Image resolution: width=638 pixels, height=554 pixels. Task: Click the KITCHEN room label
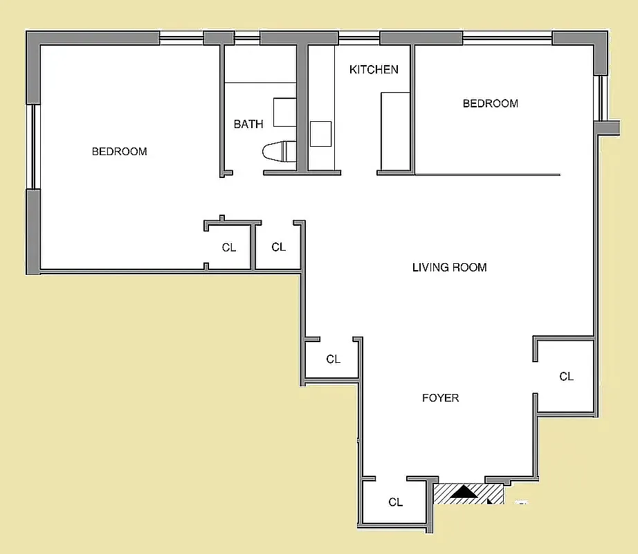[x=374, y=69]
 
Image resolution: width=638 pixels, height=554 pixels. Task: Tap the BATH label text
[x=248, y=124]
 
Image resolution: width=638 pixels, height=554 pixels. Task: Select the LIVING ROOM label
[x=449, y=267]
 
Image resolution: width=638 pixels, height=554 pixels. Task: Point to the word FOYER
[x=440, y=397]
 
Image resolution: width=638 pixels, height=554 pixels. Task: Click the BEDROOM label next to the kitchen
[x=490, y=103]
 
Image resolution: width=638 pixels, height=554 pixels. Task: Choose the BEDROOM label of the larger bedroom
[x=120, y=151]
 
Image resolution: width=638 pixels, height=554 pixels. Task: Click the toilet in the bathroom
[x=280, y=152]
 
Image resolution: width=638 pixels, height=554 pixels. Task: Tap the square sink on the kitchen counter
[x=320, y=134]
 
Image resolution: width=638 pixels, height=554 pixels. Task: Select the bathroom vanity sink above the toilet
[x=284, y=112]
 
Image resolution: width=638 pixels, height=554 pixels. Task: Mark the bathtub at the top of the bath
[x=260, y=64]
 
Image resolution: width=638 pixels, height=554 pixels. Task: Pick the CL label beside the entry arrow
[x=395, y=502]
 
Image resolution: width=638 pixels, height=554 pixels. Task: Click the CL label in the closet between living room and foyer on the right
[x=566, y=376]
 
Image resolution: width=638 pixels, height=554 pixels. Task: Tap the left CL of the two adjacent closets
[x=229, y=247]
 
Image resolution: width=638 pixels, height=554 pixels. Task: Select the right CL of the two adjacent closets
[x=278, y=247]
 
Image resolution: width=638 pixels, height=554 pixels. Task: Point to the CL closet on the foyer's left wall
[x=333, y=359]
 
